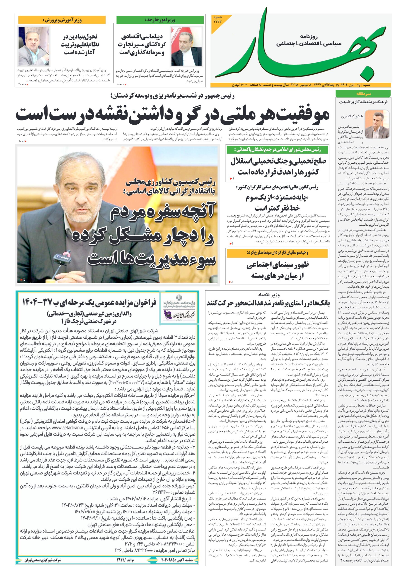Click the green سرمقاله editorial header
coord(363,94)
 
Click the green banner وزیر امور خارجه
coord(160,20)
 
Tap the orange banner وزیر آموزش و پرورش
coord(62,20)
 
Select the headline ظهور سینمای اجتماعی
coord(277,270)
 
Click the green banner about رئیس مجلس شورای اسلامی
coord(277,150)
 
